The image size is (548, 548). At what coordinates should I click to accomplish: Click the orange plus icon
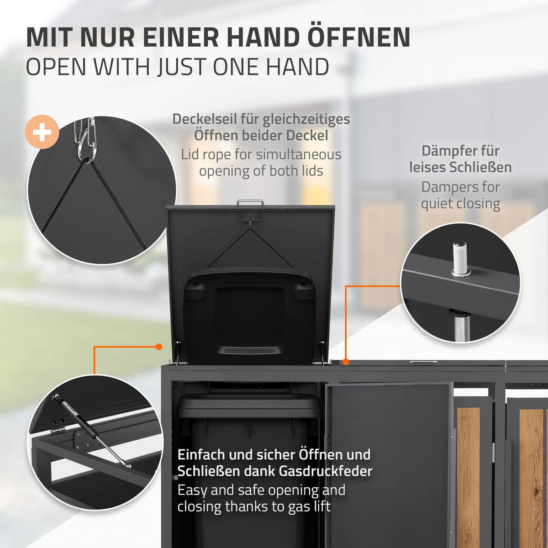coord(42,132)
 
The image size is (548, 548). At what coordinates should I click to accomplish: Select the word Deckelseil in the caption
coord(204,119)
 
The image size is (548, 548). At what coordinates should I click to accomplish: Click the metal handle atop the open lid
coord(250,203)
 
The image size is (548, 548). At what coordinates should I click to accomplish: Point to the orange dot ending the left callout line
coord(159,347)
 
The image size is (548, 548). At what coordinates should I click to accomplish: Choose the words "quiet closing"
coord(460,204)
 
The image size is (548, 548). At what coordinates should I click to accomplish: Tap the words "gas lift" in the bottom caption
coord(309,507)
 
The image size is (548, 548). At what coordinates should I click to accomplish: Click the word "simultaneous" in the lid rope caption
coord(299,155)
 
